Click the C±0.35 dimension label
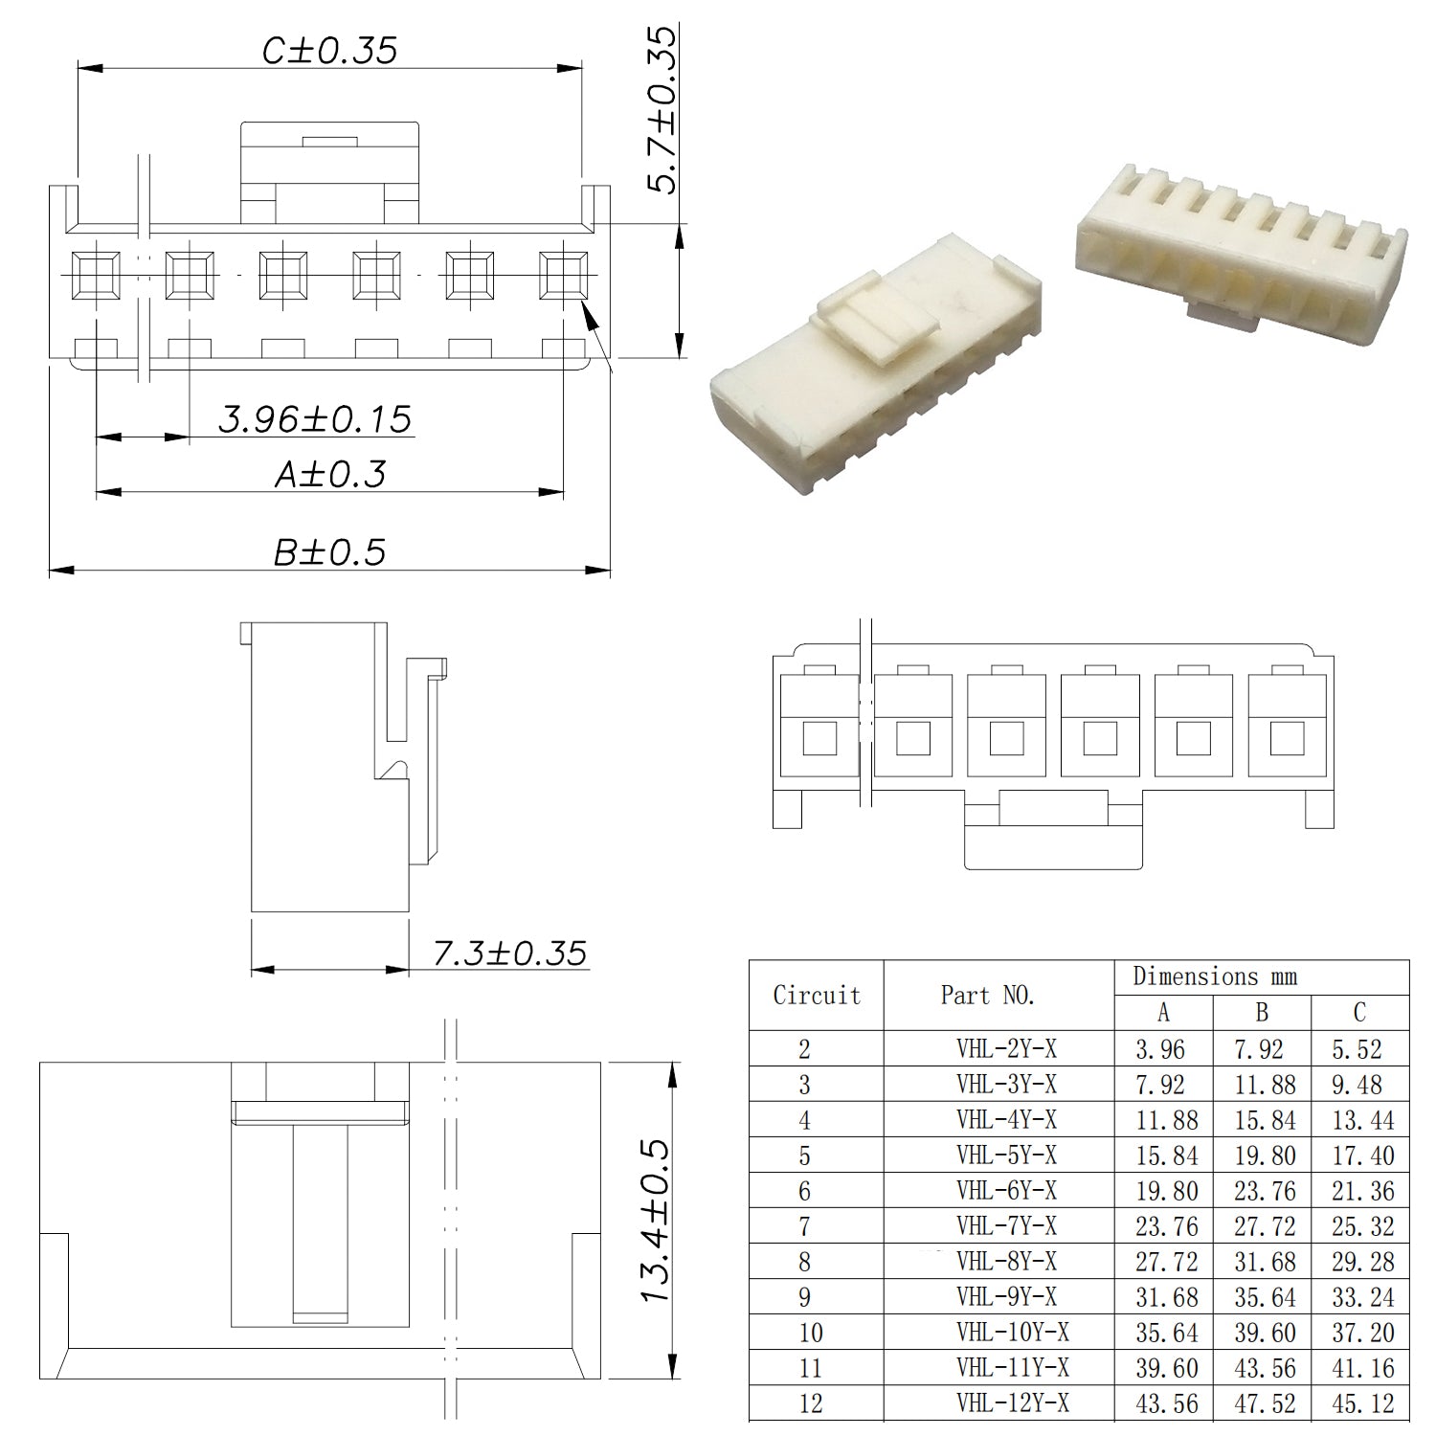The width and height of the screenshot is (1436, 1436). point(329,51)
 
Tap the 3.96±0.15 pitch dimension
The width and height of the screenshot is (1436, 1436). point(315,419)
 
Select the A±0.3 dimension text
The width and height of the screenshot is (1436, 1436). point(330,474)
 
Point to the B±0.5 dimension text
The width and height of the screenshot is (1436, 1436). point(329,552)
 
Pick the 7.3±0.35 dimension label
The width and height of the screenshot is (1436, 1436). point(509,954)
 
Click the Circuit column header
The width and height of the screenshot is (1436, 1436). point(817,996)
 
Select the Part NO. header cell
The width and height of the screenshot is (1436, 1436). point(988,996)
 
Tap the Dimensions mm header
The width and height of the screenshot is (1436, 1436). point(1215,976)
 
